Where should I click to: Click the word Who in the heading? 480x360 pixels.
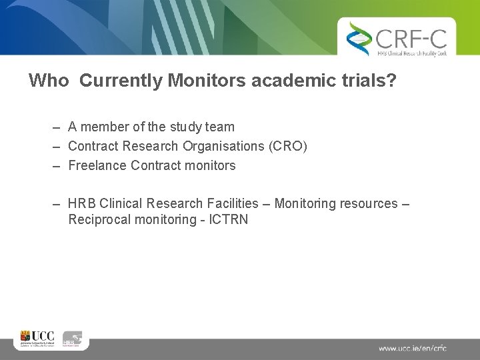[x=49, y=81]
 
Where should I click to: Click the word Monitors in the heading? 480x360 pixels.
[x=199, y=81]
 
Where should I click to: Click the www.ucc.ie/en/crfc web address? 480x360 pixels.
[x=413, y=348]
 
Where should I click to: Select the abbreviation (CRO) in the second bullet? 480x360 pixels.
[x=288, y=146]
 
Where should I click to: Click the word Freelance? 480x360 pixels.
[x=98, y=165]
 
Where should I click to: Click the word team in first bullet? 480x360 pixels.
[x=220, y=127]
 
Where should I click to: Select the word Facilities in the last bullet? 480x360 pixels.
[x=231, y=203]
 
